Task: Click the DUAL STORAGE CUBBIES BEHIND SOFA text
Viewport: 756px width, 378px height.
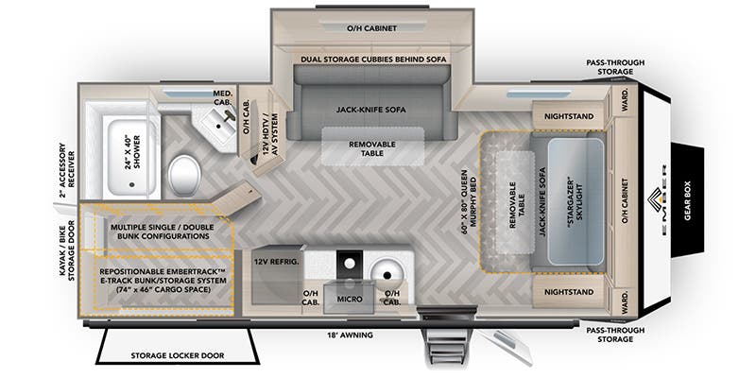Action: click(x=375, y=60)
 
